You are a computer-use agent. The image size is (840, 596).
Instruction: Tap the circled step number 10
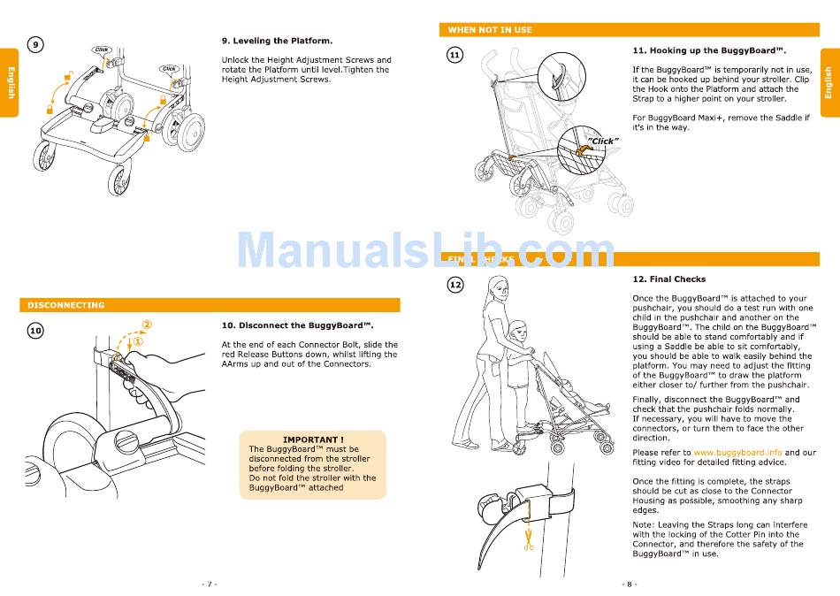[35, 330]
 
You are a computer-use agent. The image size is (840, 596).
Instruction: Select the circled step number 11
[454, 55]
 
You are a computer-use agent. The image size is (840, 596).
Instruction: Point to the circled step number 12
[454, 285]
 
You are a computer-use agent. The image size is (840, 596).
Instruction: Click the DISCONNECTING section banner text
[66, 305]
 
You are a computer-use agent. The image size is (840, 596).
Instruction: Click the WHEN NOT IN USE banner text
[490, 30]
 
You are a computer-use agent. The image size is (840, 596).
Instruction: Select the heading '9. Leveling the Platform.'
[277, 41]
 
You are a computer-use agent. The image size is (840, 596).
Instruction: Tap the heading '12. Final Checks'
[668, 279]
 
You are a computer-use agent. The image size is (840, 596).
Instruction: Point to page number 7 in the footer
[209, 584]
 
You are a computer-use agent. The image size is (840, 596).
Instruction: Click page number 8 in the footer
[629, 584]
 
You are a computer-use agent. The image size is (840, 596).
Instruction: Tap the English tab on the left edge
[11, 82]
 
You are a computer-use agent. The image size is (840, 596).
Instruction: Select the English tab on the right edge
[829, 82]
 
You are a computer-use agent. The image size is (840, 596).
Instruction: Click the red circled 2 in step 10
[146, 325]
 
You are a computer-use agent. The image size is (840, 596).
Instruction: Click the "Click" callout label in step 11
[603, 141]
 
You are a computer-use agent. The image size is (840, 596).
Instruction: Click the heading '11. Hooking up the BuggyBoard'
[709, 50]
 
